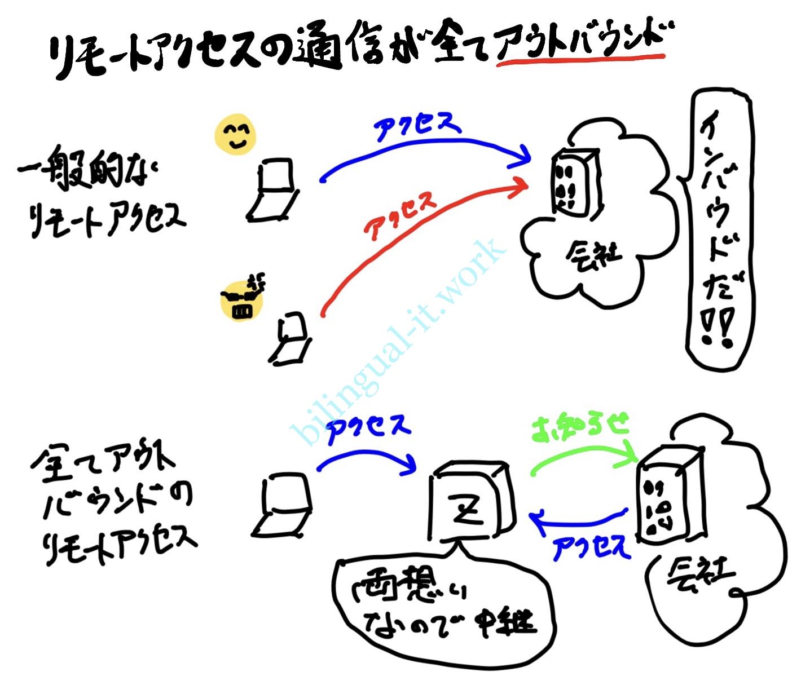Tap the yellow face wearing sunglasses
[242, 299]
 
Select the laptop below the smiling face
[273, 189]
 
